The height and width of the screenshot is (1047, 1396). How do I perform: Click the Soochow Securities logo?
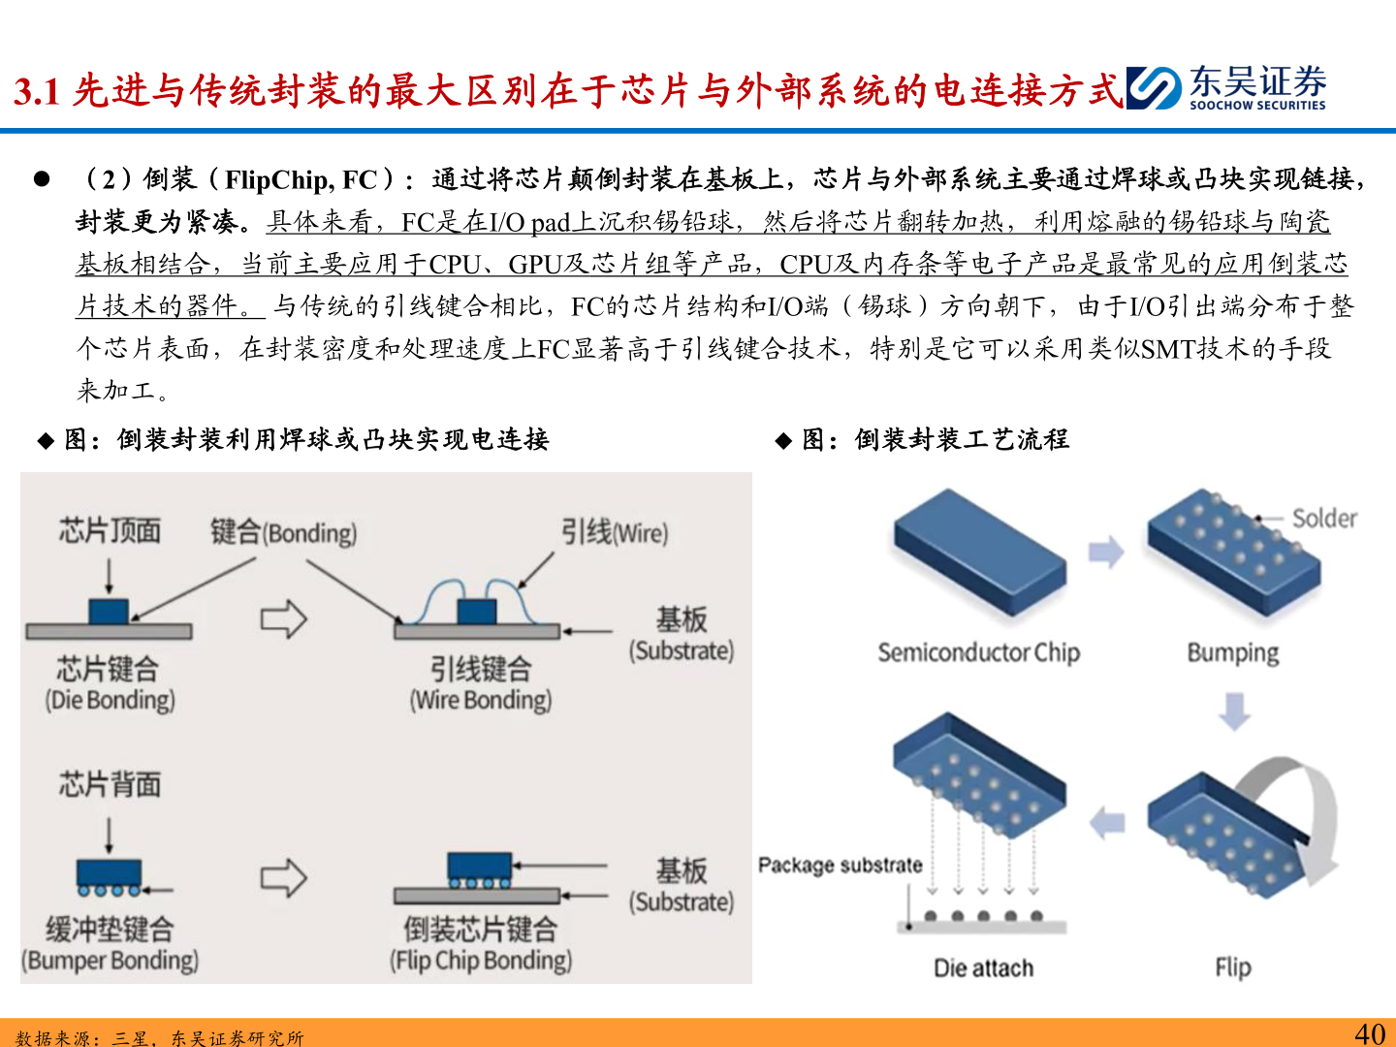[1226, 88]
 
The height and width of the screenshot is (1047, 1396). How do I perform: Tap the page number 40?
[1369, 1033]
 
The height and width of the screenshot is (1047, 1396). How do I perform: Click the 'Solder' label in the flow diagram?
[1323, 519]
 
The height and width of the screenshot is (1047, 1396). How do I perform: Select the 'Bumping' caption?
[1232, 652]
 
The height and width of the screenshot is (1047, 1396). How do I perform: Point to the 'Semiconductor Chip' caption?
[978, 652]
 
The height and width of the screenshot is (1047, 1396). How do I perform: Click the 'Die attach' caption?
[983, 968]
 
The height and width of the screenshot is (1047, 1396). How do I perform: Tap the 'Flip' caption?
[1232, 968]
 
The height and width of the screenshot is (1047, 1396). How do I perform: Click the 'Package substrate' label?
[840, 865]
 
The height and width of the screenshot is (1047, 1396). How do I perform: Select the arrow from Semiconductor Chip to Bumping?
[1105, 553]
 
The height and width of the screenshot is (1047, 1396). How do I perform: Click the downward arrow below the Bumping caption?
[1234, 710]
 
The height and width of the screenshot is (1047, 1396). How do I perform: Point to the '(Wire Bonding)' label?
[481, 700]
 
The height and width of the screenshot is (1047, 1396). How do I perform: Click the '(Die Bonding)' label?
[110, 700]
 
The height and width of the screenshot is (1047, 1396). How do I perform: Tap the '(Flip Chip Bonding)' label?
[481, 960]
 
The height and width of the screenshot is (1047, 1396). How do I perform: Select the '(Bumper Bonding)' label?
[110, 960]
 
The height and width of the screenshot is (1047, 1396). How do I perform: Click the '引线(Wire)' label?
[615, 532]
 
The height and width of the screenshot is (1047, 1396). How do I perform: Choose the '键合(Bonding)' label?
[283, 532]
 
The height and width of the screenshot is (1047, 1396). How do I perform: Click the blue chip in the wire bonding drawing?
[476, 612]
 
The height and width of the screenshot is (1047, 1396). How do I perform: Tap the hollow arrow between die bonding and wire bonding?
[283, 619]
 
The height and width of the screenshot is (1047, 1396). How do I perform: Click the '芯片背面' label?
[110, 783]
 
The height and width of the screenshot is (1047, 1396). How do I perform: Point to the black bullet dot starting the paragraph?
[42, 179]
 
